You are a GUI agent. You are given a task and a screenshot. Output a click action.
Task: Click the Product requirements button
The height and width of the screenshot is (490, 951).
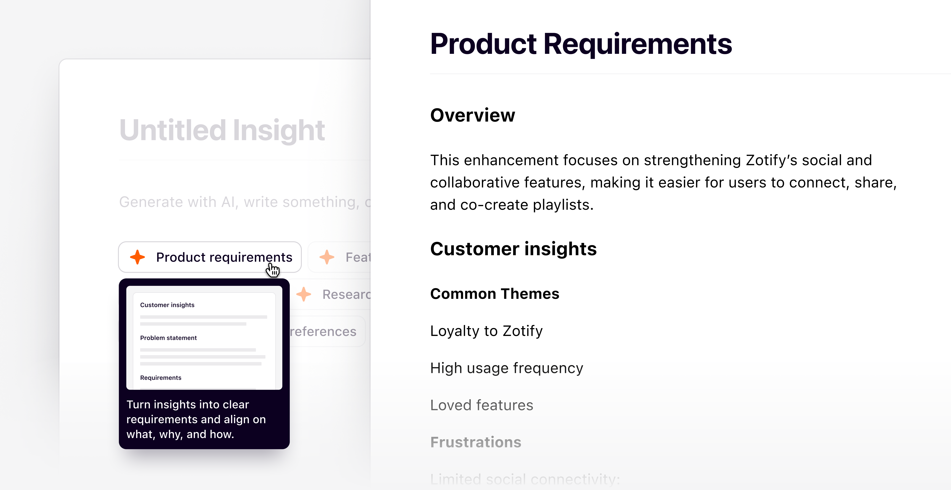coord(210,257)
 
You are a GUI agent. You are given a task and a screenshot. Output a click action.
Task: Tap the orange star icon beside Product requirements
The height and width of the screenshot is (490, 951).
coord(137,257)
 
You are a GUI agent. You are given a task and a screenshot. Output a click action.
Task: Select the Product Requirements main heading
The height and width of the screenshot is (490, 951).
coord(581,44)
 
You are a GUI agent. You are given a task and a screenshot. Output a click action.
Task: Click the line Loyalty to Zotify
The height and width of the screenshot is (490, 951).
coord(486,331)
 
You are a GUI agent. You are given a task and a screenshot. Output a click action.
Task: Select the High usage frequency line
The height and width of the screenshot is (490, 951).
coord(507,368)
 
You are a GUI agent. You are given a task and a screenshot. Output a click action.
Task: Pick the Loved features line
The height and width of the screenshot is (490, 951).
coord(481,405)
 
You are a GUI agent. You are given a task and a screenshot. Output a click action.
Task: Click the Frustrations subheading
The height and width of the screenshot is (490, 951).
coord(475,442)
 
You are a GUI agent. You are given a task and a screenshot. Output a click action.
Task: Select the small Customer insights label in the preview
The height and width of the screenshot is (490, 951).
coord(167,305)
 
